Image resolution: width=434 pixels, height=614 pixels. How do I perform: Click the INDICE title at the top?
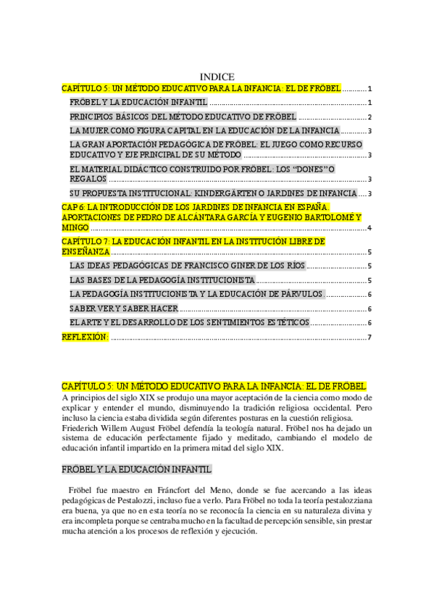point(216,77)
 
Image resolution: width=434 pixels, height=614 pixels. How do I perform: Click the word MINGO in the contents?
point(75,228)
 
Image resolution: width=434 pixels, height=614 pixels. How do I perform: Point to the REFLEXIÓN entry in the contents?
point(85,337)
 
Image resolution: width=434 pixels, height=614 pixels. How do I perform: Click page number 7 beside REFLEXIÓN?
point(370,337)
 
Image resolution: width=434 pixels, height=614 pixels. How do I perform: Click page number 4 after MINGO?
point(370,229)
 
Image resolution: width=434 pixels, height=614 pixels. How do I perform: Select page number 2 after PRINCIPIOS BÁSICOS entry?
point(370,117)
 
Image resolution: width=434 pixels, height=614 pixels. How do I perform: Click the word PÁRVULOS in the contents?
point(300,294)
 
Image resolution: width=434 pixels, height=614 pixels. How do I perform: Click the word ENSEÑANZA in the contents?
point(85,252)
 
